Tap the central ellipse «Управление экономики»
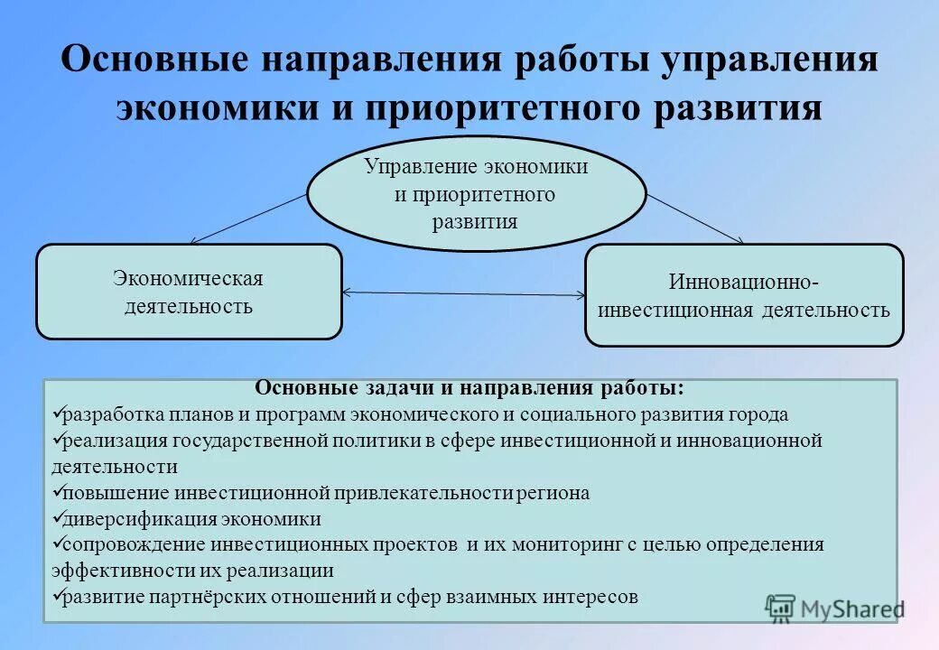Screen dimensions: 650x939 tap(476, 194)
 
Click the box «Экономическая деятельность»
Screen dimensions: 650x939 tap(189, 292)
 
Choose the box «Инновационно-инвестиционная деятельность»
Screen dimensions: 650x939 tap(744, 295)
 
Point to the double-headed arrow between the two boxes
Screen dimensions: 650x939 tap(464, 293)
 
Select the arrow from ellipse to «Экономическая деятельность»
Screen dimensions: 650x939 tap(248, 219)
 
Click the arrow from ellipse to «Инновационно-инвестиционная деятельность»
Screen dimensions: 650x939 tap(695, 218)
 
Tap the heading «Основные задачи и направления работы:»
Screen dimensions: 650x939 tap(469, 388)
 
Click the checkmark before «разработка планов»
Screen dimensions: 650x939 tap(56, 414)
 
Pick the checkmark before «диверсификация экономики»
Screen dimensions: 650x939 tap(56, 519)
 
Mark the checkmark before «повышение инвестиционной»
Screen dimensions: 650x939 tap(56, 493)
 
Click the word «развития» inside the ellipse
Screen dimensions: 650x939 tap(476, 221)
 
